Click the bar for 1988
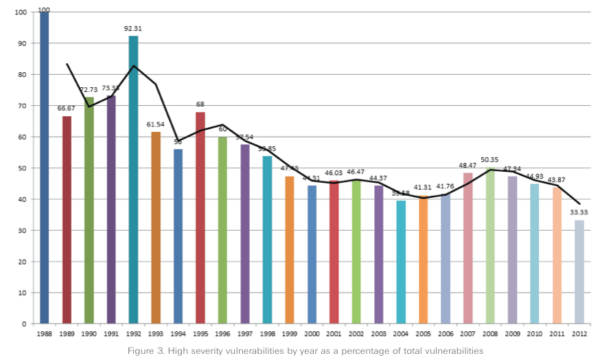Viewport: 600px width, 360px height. click(x=45, y=168)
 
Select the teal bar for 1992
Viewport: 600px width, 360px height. click(x=133, y=179)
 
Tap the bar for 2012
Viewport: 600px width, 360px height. click(x=579, y=271)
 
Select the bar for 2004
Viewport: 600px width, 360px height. click(x=401, y=262)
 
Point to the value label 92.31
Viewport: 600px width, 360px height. click(x=133, y=29)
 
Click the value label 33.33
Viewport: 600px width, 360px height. click(x=580, y=212)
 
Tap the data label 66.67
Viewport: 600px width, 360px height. click(x=67, y=109)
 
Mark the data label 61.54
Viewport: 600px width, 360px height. click(x=156, y=124)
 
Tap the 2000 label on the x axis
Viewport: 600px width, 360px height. click(x=312, y=334)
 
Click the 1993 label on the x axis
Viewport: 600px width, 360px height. click(x=156, y=334)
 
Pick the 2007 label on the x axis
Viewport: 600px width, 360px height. click(x=468, y=334)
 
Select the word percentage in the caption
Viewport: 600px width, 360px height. click(x=377, y=350)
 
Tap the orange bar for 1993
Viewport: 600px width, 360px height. click(x=156, y=227)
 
